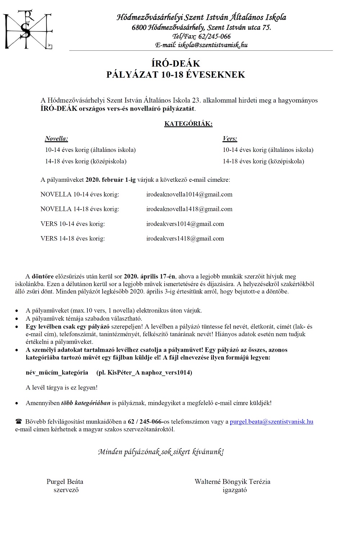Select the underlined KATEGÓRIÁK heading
click(188, 124)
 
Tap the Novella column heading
click(57, 139)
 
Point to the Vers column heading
click(230, 139)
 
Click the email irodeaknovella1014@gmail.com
click(189, 194)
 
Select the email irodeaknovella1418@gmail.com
click(189, 209)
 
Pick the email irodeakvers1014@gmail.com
click(185, 224)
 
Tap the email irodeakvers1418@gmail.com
click(185, 239)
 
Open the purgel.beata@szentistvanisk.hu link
click(271, 421)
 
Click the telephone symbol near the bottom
click(19, 421)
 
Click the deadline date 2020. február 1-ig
click(111, 180)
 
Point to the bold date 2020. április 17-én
click(149, 276)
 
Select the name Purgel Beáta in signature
click(65, 482)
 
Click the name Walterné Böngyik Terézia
click(232, 482)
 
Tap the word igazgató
click(235, 490)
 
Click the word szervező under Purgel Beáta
click(66, 490)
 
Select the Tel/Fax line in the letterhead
click(201, 36)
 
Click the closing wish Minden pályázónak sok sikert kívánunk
click(161, 452)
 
